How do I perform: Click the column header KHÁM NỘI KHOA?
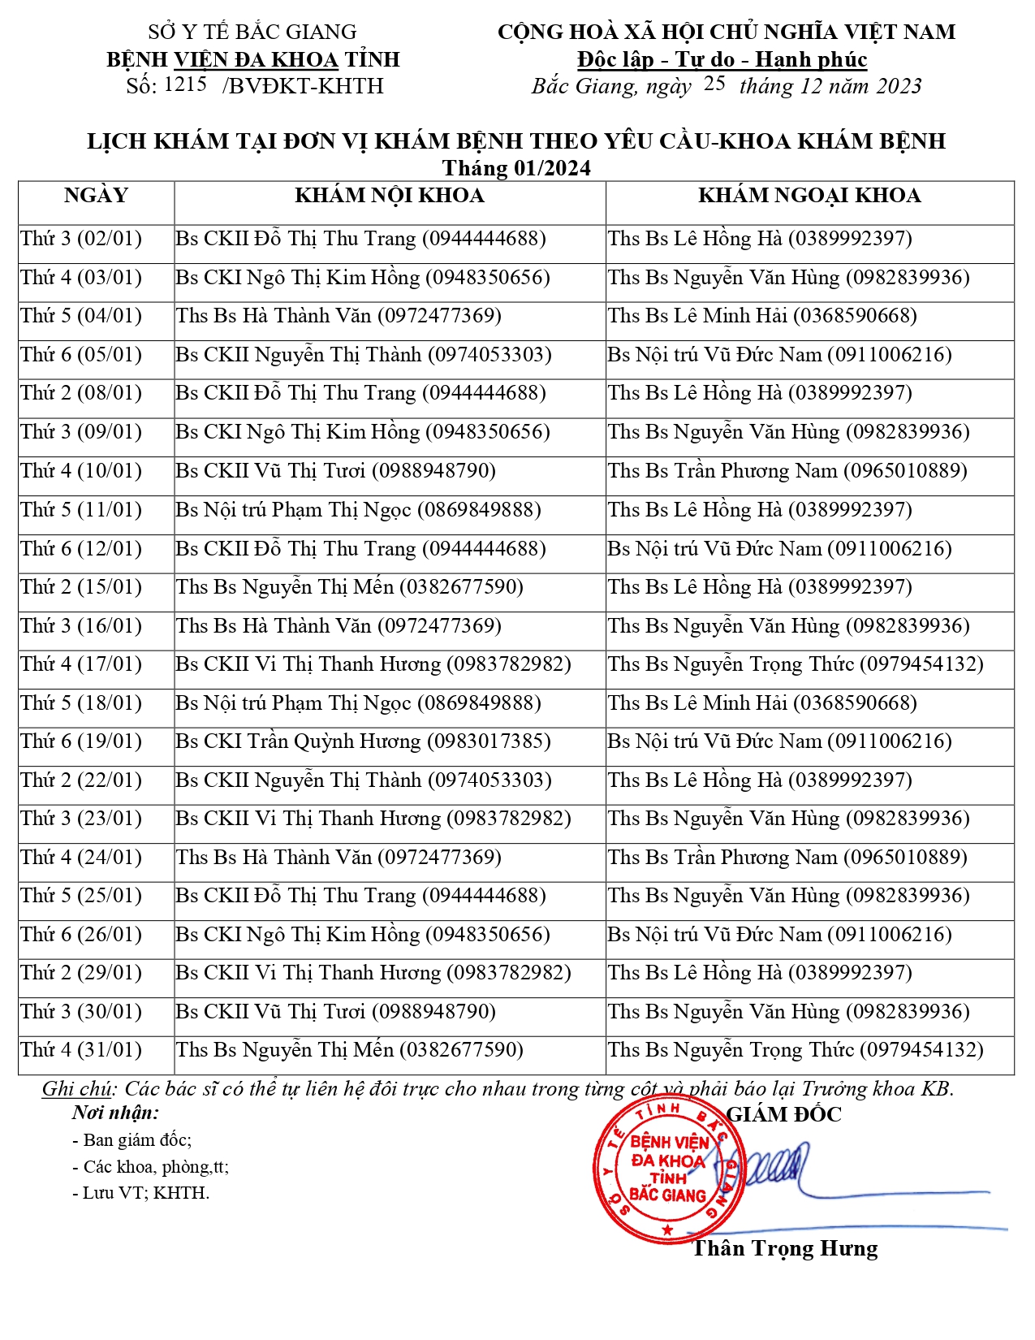coord(390,196)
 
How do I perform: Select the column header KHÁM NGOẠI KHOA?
coord(809,196)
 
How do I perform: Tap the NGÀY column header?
coord(96,196)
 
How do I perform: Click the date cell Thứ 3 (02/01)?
coord(81,239)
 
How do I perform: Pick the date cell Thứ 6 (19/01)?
coord(81,741)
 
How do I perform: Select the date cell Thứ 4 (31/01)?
coord(81,1050)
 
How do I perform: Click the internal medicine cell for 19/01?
coord(363,741)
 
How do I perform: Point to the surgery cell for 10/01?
coord(787,471)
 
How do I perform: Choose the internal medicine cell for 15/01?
coord(349,587)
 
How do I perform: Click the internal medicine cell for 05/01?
coord(363,355)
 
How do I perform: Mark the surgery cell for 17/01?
coord(795,664)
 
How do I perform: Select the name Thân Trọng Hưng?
coord(784,1248)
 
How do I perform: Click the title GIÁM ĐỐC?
coord(784,1114)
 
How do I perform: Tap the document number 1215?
coord(185,84)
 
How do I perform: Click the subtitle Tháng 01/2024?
coord(516,168)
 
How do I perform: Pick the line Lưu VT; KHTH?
coord(141,1193)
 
